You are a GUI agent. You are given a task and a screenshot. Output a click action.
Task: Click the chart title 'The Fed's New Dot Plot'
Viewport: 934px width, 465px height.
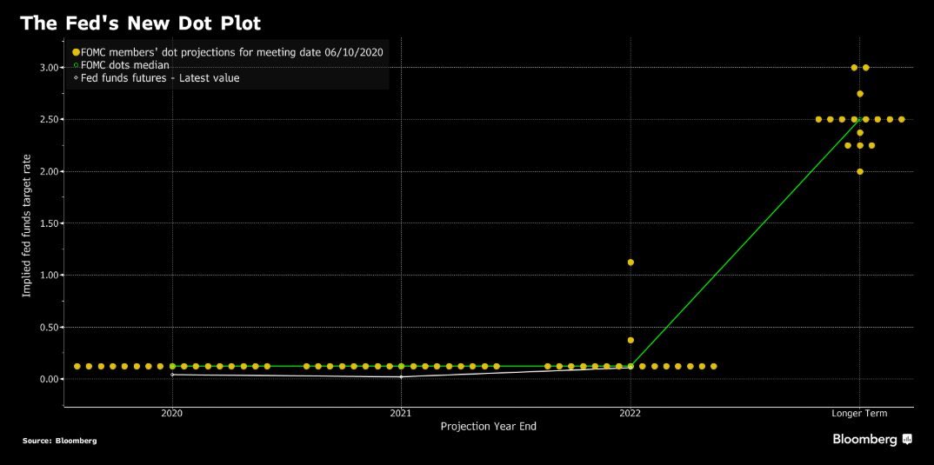tap(140, 23)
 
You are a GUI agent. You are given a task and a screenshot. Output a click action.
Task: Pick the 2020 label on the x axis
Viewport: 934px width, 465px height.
tap(172, 414)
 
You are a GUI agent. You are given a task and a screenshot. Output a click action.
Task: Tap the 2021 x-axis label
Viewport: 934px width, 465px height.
tap(401, 414)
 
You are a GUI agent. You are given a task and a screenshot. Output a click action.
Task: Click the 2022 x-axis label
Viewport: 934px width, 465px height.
tap(630, 414)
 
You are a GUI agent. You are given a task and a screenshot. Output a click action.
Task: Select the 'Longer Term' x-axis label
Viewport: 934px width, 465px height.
tap(859, 414)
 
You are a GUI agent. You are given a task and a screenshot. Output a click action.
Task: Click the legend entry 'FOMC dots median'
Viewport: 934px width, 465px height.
tap(125, 65)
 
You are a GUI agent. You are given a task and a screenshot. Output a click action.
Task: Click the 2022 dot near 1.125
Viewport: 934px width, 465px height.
tap(630, 262)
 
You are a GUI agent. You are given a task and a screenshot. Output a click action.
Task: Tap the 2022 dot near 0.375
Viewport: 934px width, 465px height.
tap(630, 340)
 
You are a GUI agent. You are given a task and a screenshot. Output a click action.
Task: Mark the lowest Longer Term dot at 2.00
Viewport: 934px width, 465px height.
tap(860, 171)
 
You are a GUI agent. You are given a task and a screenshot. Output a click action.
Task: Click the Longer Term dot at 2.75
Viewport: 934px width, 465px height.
tap(860, 93)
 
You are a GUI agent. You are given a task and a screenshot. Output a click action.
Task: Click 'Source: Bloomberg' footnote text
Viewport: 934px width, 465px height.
tap(59, 441)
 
